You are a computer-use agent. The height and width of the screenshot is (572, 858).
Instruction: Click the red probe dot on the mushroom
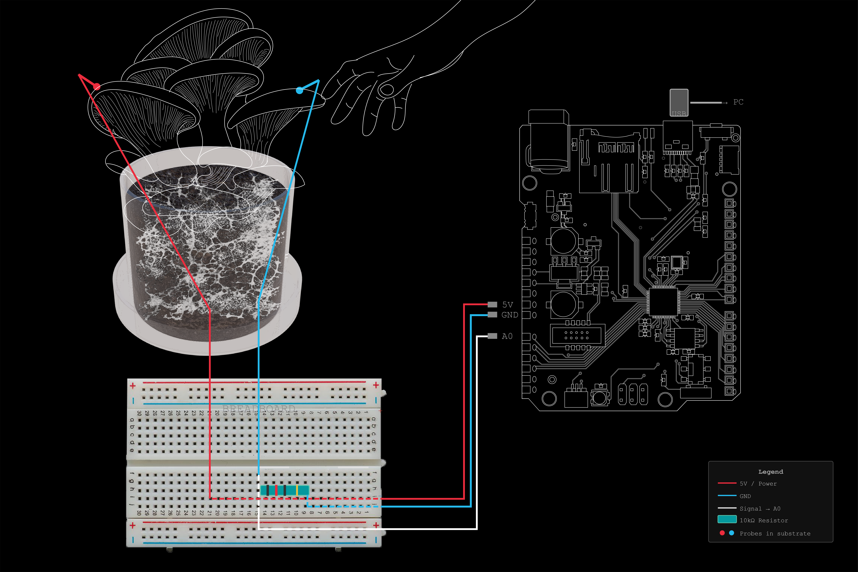[x=97, y=86]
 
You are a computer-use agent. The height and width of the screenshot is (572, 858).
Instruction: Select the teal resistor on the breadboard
[x=284, y=490]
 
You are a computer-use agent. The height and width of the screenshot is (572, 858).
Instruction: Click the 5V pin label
[x=507, y=305]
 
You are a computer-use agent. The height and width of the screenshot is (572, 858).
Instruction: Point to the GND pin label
[x=510, y=315]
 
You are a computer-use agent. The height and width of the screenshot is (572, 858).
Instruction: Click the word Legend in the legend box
[x=770, y=472]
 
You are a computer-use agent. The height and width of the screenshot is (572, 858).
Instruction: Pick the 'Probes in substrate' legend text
[x=775, y=533]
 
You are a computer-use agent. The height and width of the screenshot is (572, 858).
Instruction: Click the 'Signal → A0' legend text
[x=760, y=509]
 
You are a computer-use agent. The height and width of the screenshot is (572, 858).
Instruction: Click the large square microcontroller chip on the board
[x=663, y=301]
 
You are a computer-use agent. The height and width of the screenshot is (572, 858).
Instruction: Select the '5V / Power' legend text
[x=758, y=484]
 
